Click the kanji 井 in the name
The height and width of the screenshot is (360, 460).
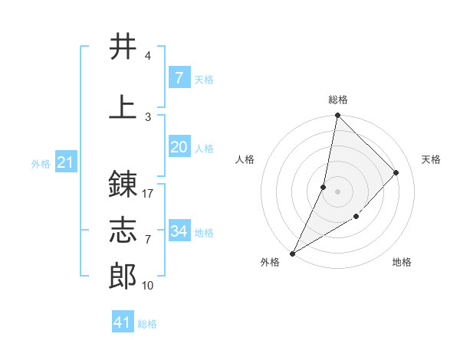[x=123, y=47]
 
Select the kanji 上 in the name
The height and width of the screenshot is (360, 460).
[x=123, y=106]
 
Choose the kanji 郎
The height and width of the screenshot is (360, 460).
[x=123, y=277]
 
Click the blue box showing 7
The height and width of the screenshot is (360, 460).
[x=179, y=77]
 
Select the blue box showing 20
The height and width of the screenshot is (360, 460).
[x=179, y=147]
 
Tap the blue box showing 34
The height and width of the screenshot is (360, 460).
[x=179, y=231]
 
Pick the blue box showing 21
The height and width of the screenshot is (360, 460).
[x=65, y=162]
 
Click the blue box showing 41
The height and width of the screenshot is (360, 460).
[x=123, y=322]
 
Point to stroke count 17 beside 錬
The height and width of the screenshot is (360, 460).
[x=148, y=193]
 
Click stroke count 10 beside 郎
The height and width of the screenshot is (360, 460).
[x=148, y=286]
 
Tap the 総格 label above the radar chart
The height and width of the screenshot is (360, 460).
[x=337, y=100]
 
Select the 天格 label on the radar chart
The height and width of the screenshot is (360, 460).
[x=431, y=159]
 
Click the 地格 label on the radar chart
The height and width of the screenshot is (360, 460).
[x=402, y=262]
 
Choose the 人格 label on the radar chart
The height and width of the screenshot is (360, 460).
[x=245, y=159]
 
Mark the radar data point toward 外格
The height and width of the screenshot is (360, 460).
[x=292, y=253]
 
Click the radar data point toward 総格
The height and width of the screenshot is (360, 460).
[x=337, y=115]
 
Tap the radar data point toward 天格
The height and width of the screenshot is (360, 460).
[x=396, y=172]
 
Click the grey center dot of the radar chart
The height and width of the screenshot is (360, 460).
[x=337, y=191]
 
